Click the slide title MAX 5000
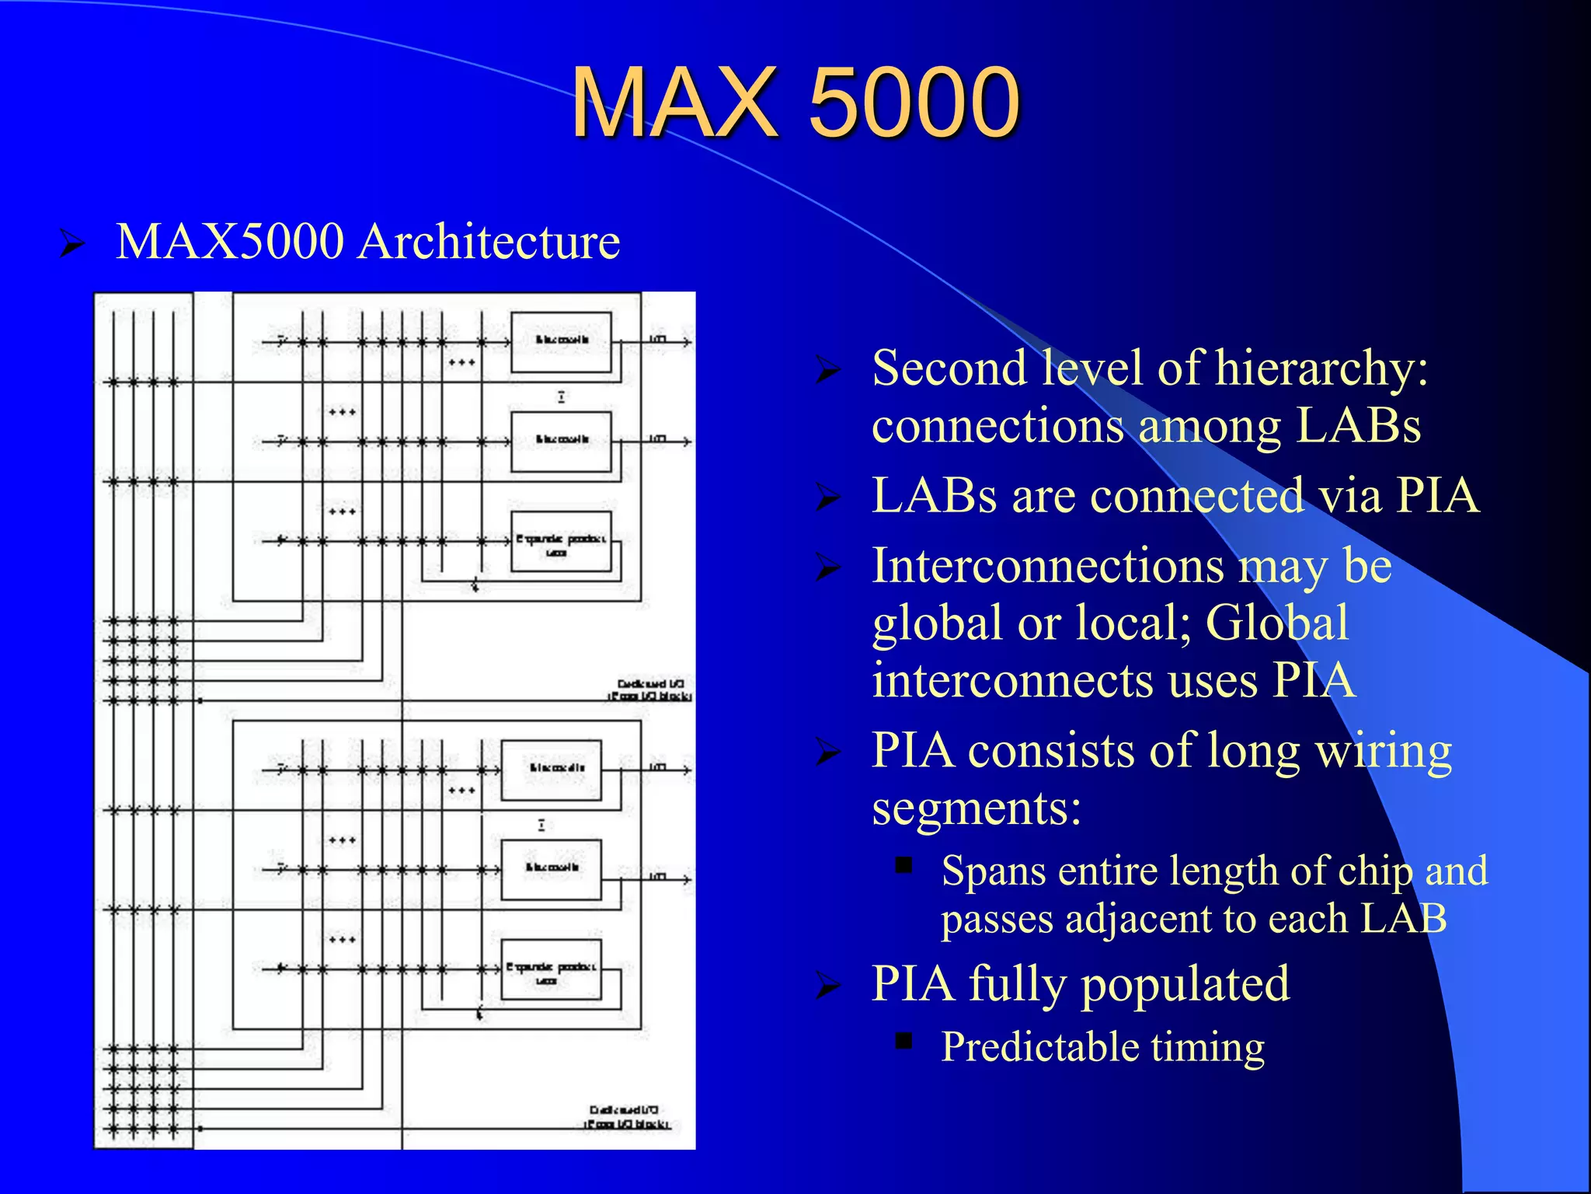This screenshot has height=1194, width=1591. [795, 103]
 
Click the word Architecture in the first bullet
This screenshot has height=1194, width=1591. [489, 241]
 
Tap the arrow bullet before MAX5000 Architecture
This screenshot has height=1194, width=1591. [72, 243]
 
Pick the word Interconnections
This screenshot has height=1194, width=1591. [1047, 565]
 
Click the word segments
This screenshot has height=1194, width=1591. [976, 808]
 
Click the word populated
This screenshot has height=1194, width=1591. [1185, 983]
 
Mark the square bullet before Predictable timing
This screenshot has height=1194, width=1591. [903, 1041]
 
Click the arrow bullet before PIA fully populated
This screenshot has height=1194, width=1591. [829, 986]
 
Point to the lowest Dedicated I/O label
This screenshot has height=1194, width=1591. [625, 1117]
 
